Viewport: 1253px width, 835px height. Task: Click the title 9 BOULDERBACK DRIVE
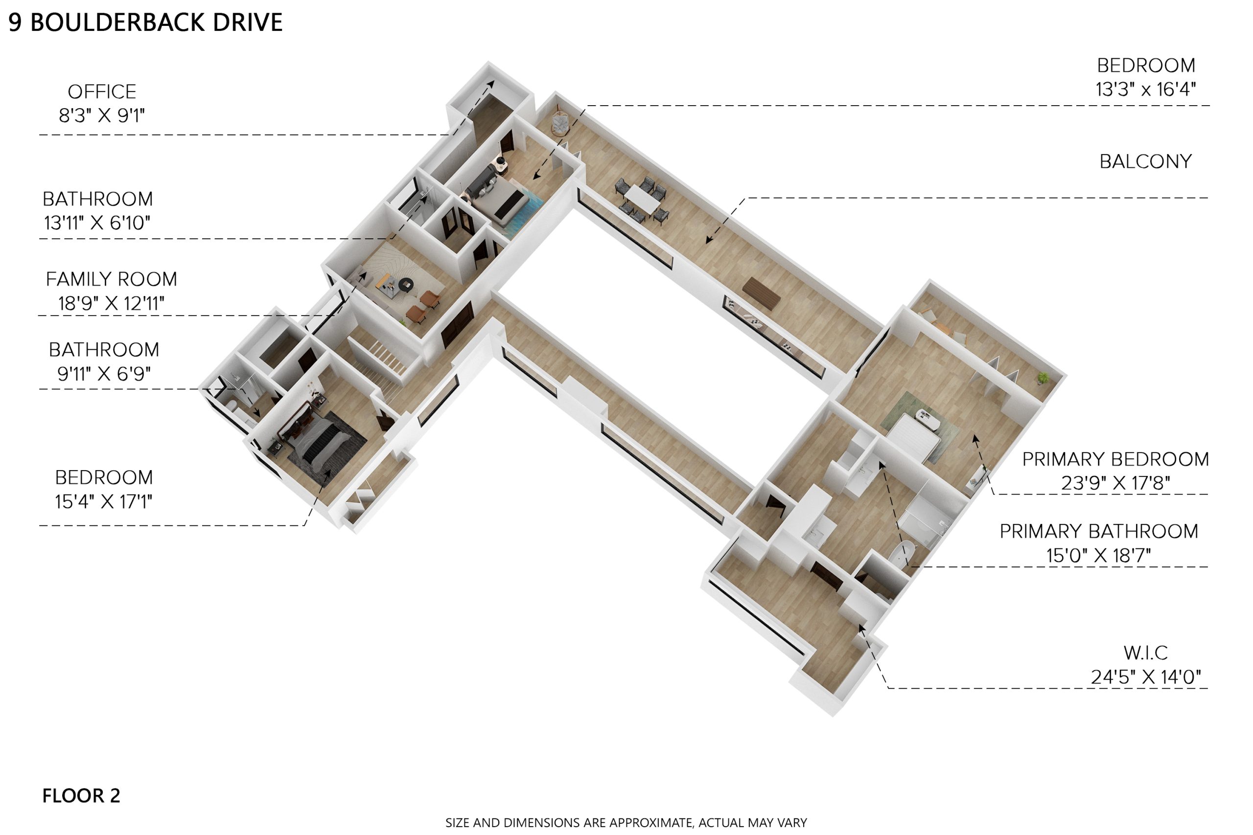point(145,23)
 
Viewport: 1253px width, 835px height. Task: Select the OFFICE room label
point(102,91)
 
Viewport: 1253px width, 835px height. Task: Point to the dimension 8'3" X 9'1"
point(102,115)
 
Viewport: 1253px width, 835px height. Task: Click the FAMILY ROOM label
point(111,279)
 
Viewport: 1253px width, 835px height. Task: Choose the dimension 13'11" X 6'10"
point(97,223)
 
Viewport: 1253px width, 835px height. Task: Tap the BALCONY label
point(1145,161)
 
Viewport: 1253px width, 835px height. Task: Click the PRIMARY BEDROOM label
point(1115,459)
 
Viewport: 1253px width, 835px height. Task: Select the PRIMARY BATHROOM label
point(1099,531)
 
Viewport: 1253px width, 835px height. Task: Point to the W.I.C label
point(1145,653)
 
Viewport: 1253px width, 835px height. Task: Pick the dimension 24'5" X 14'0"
point(1146,677)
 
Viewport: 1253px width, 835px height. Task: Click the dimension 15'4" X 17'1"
point(104,501)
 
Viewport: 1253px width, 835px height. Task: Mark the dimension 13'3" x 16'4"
point(1146,89)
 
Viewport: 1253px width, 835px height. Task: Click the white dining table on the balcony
point(643,199)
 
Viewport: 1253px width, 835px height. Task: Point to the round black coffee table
point(406,284)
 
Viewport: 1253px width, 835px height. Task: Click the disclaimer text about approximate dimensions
point(626,823)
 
